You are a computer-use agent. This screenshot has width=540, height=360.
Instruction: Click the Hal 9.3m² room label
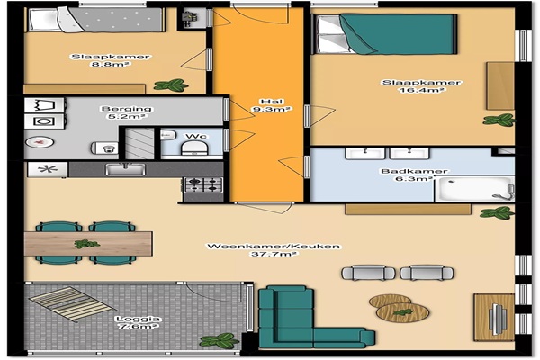coord(272,105)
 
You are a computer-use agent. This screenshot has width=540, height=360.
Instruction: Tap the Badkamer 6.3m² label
coord(414,175)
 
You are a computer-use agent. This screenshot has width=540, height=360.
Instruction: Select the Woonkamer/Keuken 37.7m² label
coord(274,250)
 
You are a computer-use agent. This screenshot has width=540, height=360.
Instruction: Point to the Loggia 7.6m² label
coord(138,323)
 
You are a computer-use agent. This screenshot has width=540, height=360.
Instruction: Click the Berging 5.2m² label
coord(126,112)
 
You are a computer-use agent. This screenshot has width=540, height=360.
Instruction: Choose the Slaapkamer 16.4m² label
coord(421,86)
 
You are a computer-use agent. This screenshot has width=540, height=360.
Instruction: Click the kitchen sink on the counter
coord(125,169)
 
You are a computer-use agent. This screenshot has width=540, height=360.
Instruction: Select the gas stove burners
coord(203,185)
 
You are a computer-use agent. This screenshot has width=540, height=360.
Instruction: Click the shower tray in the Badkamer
coord(474,189)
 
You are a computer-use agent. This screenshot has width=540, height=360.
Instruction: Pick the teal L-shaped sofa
coord(311,318)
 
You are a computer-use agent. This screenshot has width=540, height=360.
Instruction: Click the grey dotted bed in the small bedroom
coord(95,20)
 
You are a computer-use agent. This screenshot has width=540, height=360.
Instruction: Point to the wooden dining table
coord(88,244)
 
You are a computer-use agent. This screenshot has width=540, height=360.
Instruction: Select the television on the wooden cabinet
coord(496,319)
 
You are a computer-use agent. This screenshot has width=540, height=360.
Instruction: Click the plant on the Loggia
coord(219,341)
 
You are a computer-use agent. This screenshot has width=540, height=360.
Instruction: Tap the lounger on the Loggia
coord(73,304)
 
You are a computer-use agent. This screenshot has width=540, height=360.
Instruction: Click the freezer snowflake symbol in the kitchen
coord(48,169)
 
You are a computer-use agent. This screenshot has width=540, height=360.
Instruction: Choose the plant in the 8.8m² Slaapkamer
coord(171,85)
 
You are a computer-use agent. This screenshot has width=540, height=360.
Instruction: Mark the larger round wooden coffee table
coord(402,312)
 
